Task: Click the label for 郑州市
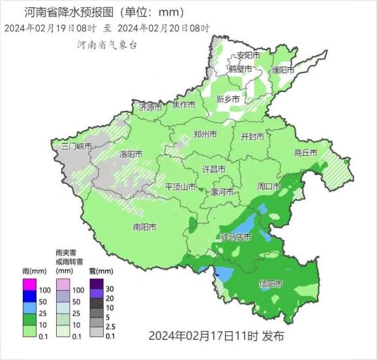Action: pos(205,135)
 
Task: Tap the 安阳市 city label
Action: pos(249,55)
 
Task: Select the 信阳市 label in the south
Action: pos(271,284)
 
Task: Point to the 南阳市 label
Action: pos(144,228)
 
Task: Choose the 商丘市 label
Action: pos(305,153)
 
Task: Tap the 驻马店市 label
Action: pos(235,237)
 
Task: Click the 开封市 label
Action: pos(252,137)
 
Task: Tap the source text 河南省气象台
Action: pos(107,45)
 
